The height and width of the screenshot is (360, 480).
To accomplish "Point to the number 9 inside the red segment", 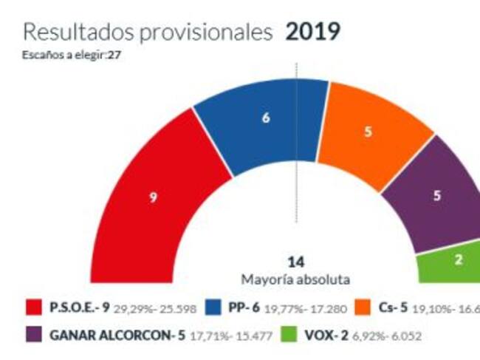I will [x=154, y=197].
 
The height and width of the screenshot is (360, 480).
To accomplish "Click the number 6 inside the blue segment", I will [x=266, y=118].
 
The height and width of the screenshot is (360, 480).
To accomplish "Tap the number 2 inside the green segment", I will [x=458, y=260].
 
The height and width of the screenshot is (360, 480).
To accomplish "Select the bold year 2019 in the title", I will [x=312, y=32].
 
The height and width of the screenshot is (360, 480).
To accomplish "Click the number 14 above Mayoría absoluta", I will [x=296, y=262].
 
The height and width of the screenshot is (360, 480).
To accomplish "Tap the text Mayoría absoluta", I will [x=296, y=279].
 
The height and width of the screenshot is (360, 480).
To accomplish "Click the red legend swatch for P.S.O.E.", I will [x=34, y=307].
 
